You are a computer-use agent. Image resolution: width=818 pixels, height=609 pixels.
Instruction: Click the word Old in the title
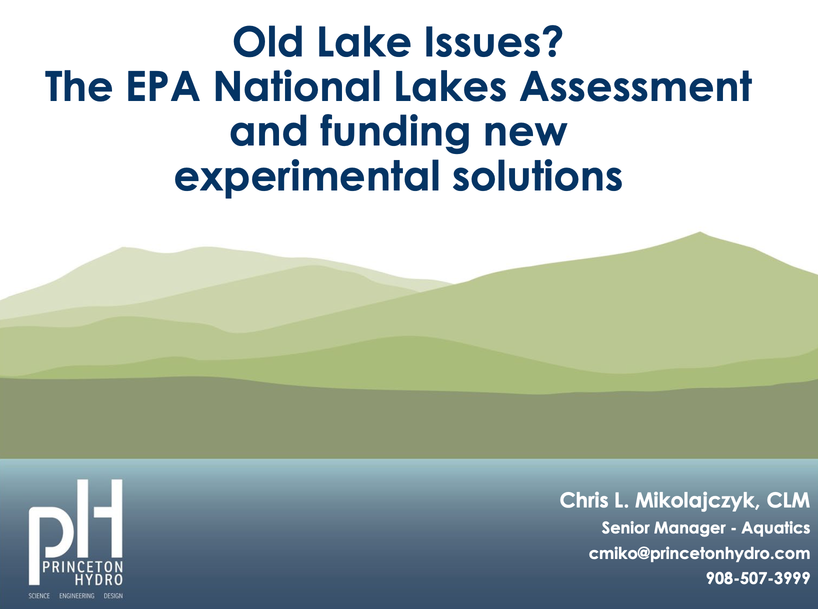pos(268,41)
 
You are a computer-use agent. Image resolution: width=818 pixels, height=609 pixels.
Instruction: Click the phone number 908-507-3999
pos(758,578)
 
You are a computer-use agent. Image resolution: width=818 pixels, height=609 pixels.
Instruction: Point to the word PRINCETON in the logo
pos(82,566)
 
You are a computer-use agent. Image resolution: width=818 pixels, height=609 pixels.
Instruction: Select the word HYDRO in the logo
pos(99,579)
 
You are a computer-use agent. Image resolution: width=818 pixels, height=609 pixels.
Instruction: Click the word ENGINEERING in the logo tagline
pos(76,595)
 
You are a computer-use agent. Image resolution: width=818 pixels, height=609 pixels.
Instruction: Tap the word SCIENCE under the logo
pos(39,595)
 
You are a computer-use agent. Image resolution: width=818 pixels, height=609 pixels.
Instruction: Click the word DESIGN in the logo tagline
pos(113,595)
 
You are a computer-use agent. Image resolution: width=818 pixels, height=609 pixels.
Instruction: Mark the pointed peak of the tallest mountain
pos(699,232)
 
